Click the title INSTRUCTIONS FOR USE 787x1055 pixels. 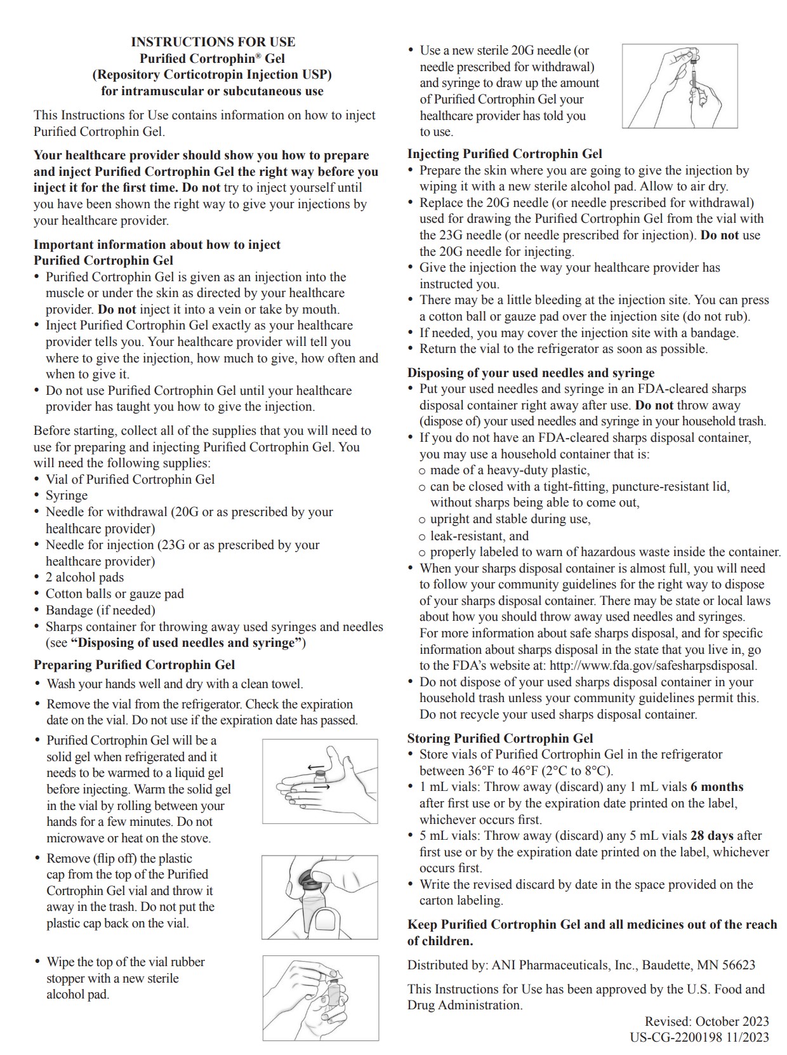coord(213,42)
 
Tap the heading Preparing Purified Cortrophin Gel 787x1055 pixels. coord(134,665)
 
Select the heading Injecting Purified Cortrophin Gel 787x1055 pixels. coord(505,154)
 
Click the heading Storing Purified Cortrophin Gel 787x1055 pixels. coord(500,738)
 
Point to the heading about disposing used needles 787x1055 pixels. coord(531,373)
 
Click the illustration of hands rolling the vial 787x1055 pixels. coord(320,781)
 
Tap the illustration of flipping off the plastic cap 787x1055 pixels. coord(320,897)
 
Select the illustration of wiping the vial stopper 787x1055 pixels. coord(321,998)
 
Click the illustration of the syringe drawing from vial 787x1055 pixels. coord(680,86)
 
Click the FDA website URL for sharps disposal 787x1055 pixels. coord(652,666)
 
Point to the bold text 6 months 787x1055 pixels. coord(717,787)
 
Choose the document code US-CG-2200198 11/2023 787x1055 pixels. coord(699,1037)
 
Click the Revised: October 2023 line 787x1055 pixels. coord(706,1021)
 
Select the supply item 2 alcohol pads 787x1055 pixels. coord(84,578)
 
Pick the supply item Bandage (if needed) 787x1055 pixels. coord(100,610)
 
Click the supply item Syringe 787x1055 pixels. coord(67,496)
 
